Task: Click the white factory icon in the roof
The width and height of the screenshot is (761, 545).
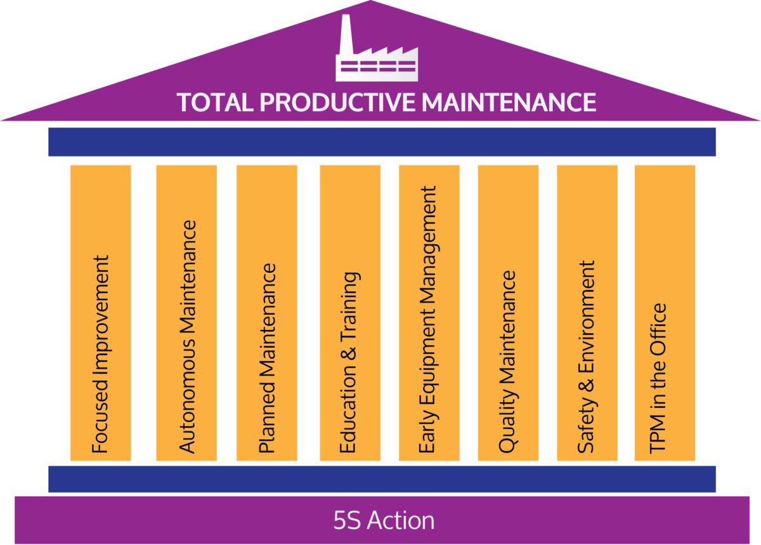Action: [x=377, y=48]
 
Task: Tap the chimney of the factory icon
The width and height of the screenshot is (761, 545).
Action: [x=346, y=34]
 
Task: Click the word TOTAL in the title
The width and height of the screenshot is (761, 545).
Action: [x=215, y=102]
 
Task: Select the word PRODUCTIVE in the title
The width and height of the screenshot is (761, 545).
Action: [x=337, y=102]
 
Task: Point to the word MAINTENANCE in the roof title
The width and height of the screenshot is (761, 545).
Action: [x=509, y=102]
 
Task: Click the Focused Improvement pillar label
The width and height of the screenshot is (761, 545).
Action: [x=101, y=354]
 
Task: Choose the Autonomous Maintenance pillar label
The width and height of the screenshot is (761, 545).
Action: [x=187, y=337]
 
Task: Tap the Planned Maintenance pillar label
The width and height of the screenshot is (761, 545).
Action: [x=268, y=358]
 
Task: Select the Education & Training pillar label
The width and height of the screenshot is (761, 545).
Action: [x=350, y=362]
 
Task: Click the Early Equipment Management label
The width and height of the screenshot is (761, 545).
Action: [x=427, y=320]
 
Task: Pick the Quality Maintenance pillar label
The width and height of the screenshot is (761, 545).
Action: [x=508, y=362]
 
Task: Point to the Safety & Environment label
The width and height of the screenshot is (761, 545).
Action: [x=587, y=357]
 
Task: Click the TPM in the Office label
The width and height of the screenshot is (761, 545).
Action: [x=658, y=378]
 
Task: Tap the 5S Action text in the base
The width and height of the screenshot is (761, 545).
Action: [x=384, y=520]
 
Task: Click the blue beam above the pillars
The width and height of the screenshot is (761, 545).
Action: [x=382, y=142]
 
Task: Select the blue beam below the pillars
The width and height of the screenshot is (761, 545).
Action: [x=382, y=479]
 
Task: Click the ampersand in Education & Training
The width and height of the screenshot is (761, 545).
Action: [x=349, y=353]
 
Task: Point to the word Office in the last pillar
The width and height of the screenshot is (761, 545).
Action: [x=658, y=325]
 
